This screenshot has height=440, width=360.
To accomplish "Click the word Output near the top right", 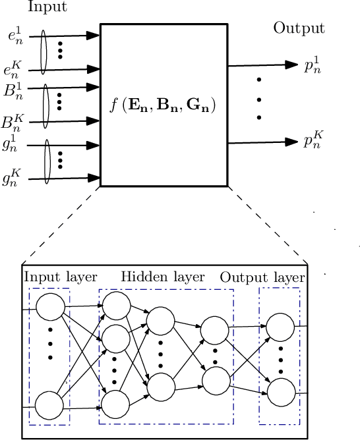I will [x=299, y=29].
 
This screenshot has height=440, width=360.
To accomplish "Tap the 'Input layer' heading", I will [x=61, y=276].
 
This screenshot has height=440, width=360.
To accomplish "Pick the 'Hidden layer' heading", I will [x=163, y=276].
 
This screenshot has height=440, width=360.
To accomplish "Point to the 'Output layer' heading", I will [x=262, y=277].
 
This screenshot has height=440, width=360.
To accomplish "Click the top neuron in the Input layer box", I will [x=51, y=307].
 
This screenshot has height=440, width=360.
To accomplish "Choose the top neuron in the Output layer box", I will [x=280, y=326].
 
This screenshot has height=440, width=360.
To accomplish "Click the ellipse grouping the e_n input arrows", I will [x=44, y=52].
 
